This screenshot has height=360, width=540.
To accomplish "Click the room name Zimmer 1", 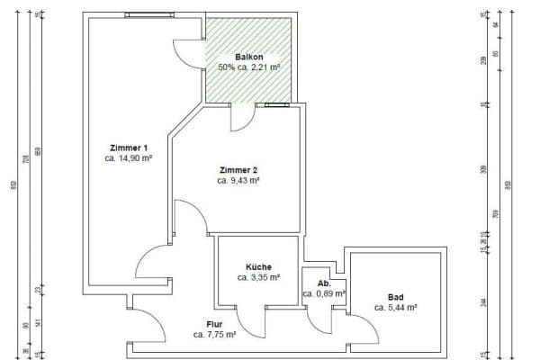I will [x=127, y=148].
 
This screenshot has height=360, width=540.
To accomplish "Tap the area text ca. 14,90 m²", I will [x=127, y=157].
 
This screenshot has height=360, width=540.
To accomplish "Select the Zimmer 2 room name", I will [x=238, y=170].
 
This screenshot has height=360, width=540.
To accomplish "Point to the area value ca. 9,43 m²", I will [x=238, y=180].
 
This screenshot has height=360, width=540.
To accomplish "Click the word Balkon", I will [x=249, y=57].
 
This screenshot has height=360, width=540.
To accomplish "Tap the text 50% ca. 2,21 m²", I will [x=249, y=67].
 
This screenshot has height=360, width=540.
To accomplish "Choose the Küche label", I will [x=258, y=267].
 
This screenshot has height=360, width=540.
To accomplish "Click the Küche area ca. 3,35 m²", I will [x=258, y=277].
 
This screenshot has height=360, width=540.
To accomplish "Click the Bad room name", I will [x=396, y=297].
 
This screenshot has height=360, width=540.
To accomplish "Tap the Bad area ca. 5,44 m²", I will [x=396, y=307].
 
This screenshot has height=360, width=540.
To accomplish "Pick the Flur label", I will [x=214, y=324].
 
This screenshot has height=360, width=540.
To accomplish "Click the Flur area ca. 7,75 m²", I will [x=214, y=334].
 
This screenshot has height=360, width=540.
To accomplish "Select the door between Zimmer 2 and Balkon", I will [x=241, y=117].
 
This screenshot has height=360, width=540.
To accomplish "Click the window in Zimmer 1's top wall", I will [x=148, y=15].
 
